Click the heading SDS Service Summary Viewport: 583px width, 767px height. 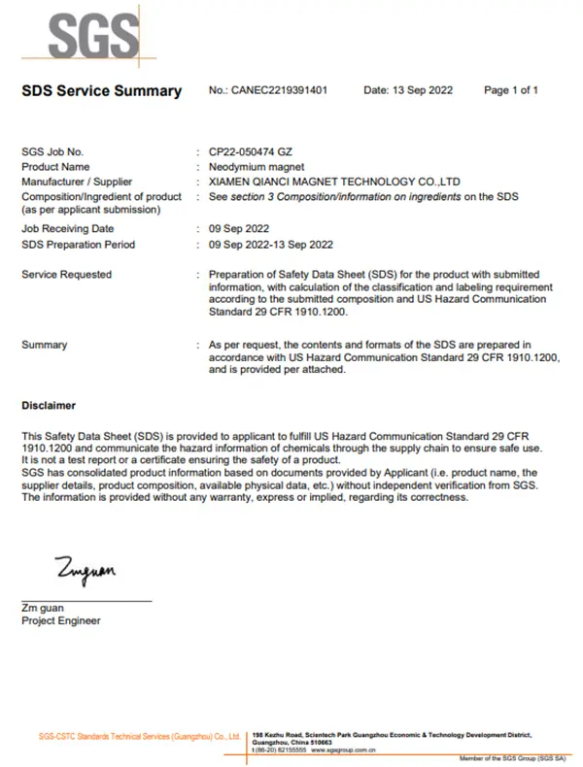pyautogui.click(x=101, y=91)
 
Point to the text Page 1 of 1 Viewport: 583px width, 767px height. pyautogui.click(x=511, y=90)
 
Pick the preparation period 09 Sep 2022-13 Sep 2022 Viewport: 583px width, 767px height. pyautogui.click(x=271, y=245)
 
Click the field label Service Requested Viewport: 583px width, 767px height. pyautogui.click(x=66, y=275)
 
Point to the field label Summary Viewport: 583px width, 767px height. pyautogui.click(x=45, y=345)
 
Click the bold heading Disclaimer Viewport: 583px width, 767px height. pyautogui.click(x=49, y=405)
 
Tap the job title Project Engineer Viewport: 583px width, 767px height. pyautogui.click(x=60, y=621)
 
